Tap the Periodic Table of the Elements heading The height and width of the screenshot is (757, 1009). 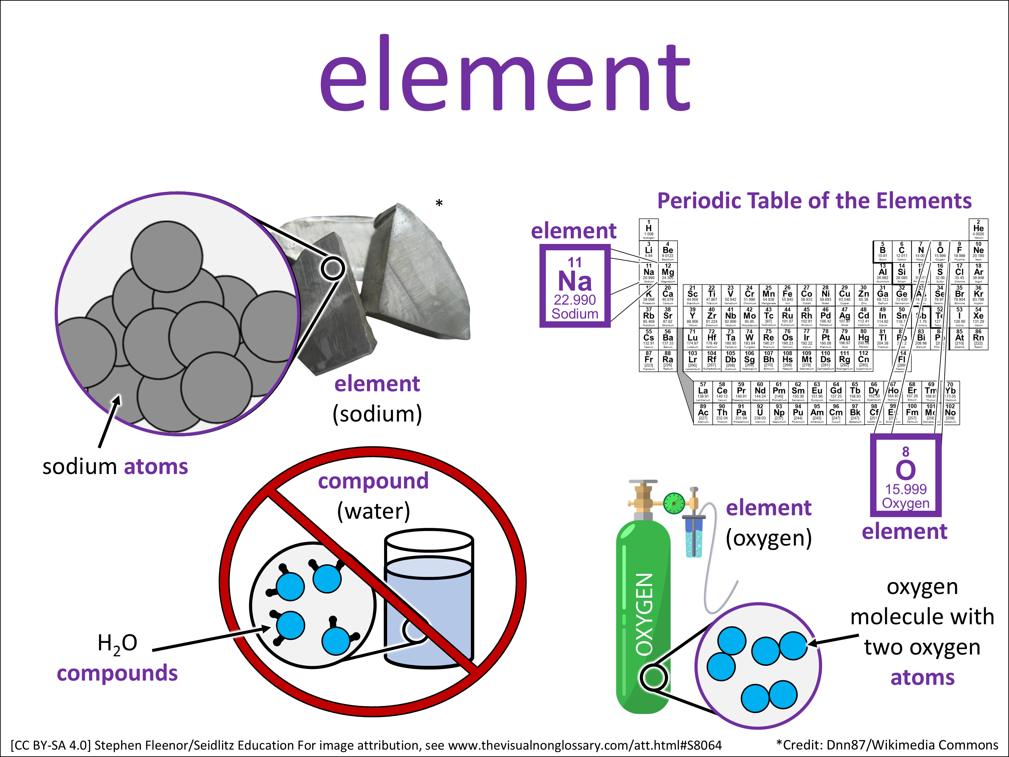click(x=814, y=201)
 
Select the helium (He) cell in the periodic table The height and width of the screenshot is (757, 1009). click(x=978, y=229)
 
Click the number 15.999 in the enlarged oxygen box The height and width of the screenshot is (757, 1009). click(x=905, y=489)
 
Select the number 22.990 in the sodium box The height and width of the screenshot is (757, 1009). click(x=574, y=300)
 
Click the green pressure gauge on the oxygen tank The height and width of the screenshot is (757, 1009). click(x=674, y=503)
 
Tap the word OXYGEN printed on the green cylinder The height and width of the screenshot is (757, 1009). click(x=644, y=614)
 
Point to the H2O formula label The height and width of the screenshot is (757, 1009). click(x=117, y=643)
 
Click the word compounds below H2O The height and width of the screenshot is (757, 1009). click(x=117, y=674)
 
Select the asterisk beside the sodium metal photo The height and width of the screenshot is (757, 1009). click(x=439, y=204)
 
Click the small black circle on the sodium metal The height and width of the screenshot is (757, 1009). click(x=333, y=268)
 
